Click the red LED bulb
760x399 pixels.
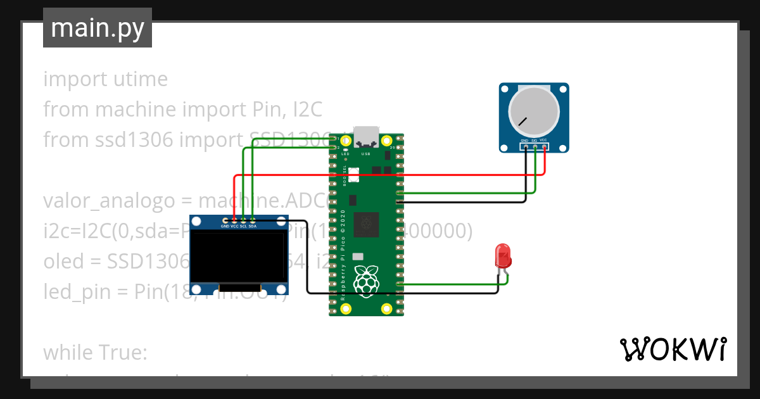click(x=503, y=256)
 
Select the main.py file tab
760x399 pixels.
click(x=98, y=28)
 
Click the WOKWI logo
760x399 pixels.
click(x=673, y=349)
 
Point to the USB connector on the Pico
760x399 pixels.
click(x=366, y=136)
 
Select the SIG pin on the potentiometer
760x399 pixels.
click(x=535, y=147)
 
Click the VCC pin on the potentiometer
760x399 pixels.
click(x=544, y=147)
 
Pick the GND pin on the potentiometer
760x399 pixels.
click(x=526, y=147)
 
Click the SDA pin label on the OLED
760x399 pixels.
click(x=253, y=225)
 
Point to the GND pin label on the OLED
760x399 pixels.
click(x=225, y=225)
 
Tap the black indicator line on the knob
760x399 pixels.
click(x=522, y=120)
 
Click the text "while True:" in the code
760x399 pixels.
click(x=95, y=352)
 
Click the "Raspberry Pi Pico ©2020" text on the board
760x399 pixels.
click(x=343, y=253)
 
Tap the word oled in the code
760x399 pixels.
click(x=63, y=262)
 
